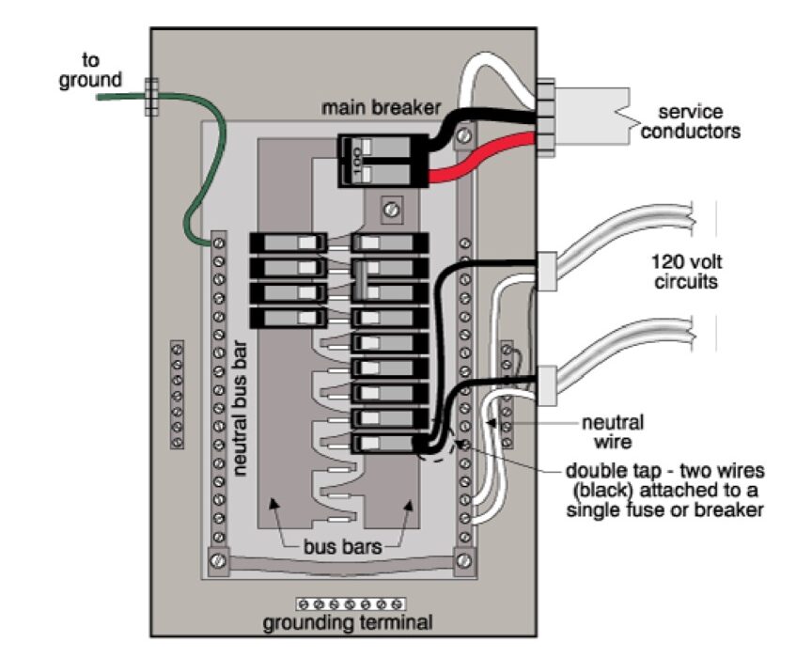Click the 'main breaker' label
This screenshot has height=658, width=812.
click(380, 107)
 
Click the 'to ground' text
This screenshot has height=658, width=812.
click(90, 70)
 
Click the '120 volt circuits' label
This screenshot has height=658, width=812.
click(693, 270)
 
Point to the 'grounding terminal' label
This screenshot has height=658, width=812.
click(348, 622)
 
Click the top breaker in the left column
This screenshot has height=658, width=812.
click(288, 243)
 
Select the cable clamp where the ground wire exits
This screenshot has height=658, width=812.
click(148, 96)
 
